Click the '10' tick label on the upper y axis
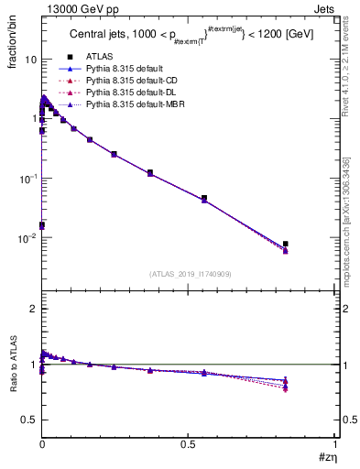[x=29, y=60]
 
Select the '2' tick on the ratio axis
[x=32, y=310]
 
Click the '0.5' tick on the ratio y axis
[x=28, y=420]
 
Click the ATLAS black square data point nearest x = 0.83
[x=286, y=245]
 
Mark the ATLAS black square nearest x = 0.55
[x=204, y=198]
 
